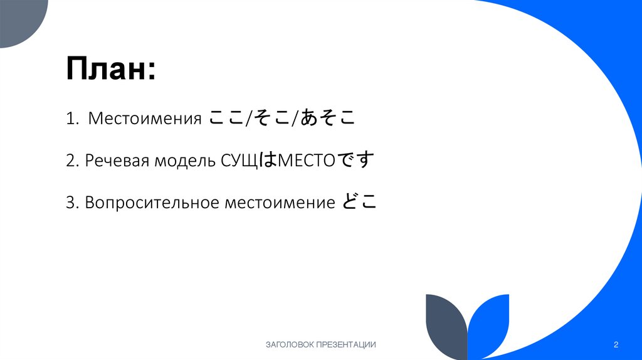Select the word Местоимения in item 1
tap(144, 119)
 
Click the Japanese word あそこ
tap(327, 118)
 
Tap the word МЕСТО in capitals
tap(307, 161)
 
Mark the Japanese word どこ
tap(359, 202)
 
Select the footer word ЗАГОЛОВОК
tap(290, 344)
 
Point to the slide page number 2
tap(616, 344)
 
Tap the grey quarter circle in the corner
tap(19, 19)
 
